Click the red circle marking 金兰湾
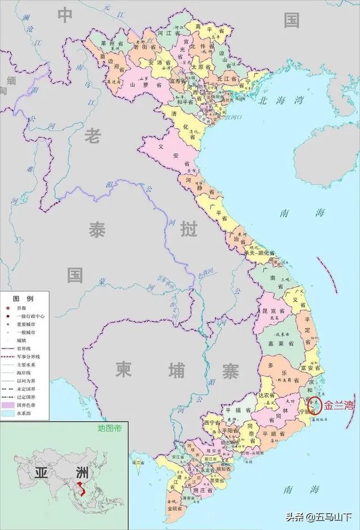point(315,405)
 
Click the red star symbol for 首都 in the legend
point(8,308)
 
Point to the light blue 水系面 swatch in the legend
point(8,413)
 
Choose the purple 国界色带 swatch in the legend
point(8,405)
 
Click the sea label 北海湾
point(281,101)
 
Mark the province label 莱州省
point(109,43)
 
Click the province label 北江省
point(227,78)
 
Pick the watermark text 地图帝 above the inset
point(110,428)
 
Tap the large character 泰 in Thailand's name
point(97,229)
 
